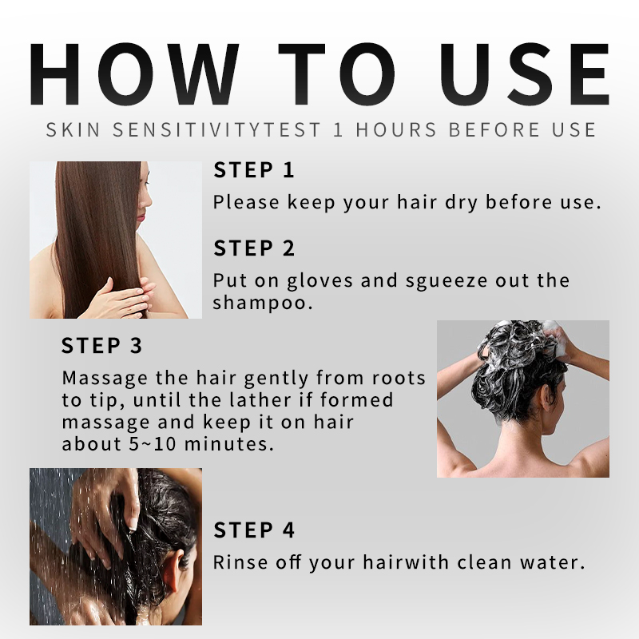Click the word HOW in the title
pyautogui.click(x=134, y=73)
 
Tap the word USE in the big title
pyautogui.click(x=525, y=73)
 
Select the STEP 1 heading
pyautogui.click(x=253, y=170)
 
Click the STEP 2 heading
pyautogui.click(x=253, y=248)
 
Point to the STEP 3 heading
pyautogui.click(x=101, y=346)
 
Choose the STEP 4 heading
pyautogui.click(x=253, y=530)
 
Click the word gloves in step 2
pyautogui.click(x=319, y=281)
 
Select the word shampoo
pyautogui.click(x=263, y=303)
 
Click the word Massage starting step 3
pyautogui.click(x=105, y=379)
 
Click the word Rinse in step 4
pyautogui.click(x=240, y=562)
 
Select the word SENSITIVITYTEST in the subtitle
pyautogui.click(x=216, y=129)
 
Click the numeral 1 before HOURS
pyautogui.click(x=338, y=129)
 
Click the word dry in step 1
pyautogui.click(x=461, y=203)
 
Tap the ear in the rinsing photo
pyautogui.click(x=178, y=570)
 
